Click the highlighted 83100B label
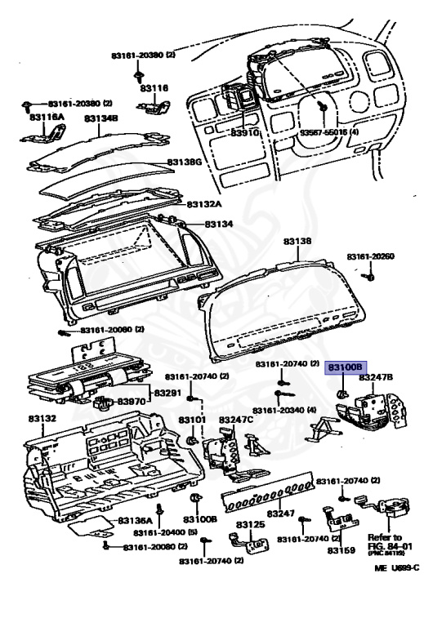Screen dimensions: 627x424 tap(345, 368)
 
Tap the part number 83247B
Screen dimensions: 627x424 tap(377, 378)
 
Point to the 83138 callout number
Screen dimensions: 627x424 tap(297, 242)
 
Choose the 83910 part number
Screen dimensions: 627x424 tap(244, 132)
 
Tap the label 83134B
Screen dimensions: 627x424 tap(101, 118)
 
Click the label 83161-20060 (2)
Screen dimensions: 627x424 tap(112, 330)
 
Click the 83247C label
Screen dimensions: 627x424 tap(236, 420)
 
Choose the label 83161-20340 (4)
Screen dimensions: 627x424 tap(290, 410)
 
